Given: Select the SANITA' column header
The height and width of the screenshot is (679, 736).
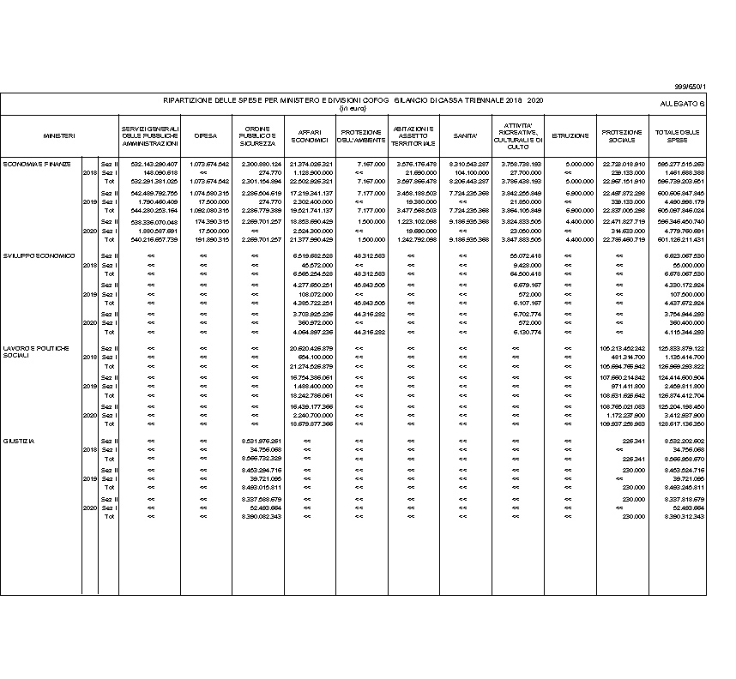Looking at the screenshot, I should [466, 135].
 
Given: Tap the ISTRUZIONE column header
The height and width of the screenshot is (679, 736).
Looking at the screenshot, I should [570, 135].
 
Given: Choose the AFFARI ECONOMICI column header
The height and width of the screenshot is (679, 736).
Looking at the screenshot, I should [310, 135].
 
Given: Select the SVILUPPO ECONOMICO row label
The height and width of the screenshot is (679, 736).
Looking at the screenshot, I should [39, 255].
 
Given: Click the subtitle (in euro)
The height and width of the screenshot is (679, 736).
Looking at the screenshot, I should [352, 109].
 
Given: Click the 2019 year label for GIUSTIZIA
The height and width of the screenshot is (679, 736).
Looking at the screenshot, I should [89, 478].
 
